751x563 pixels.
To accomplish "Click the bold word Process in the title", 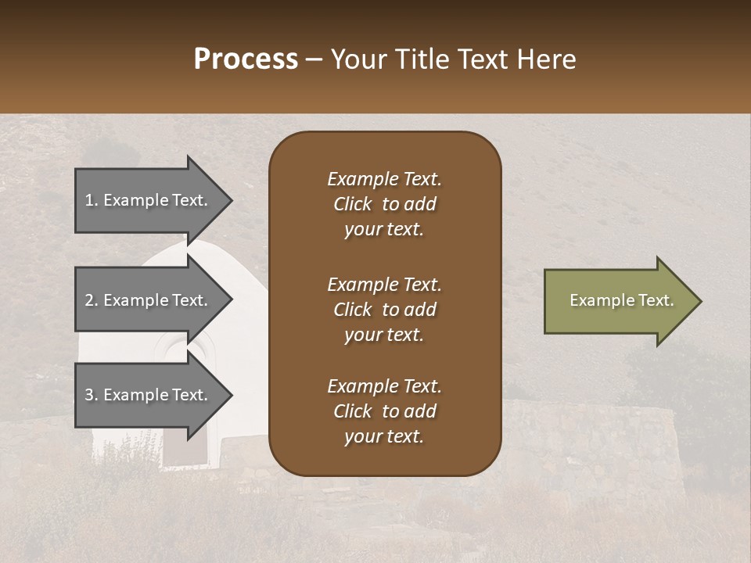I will click(246, 59).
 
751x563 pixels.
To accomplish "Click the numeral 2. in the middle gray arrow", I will click(92, 300).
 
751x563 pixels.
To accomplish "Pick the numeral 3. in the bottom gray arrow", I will click(92, 395).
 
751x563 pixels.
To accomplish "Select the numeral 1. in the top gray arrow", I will click(92, 200).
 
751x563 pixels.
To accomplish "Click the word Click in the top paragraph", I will click(353, 204).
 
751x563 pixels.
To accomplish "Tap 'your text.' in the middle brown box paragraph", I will click(384, 335).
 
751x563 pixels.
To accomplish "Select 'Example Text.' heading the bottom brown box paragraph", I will click(384, 386).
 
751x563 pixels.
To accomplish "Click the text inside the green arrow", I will click(621, 300).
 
